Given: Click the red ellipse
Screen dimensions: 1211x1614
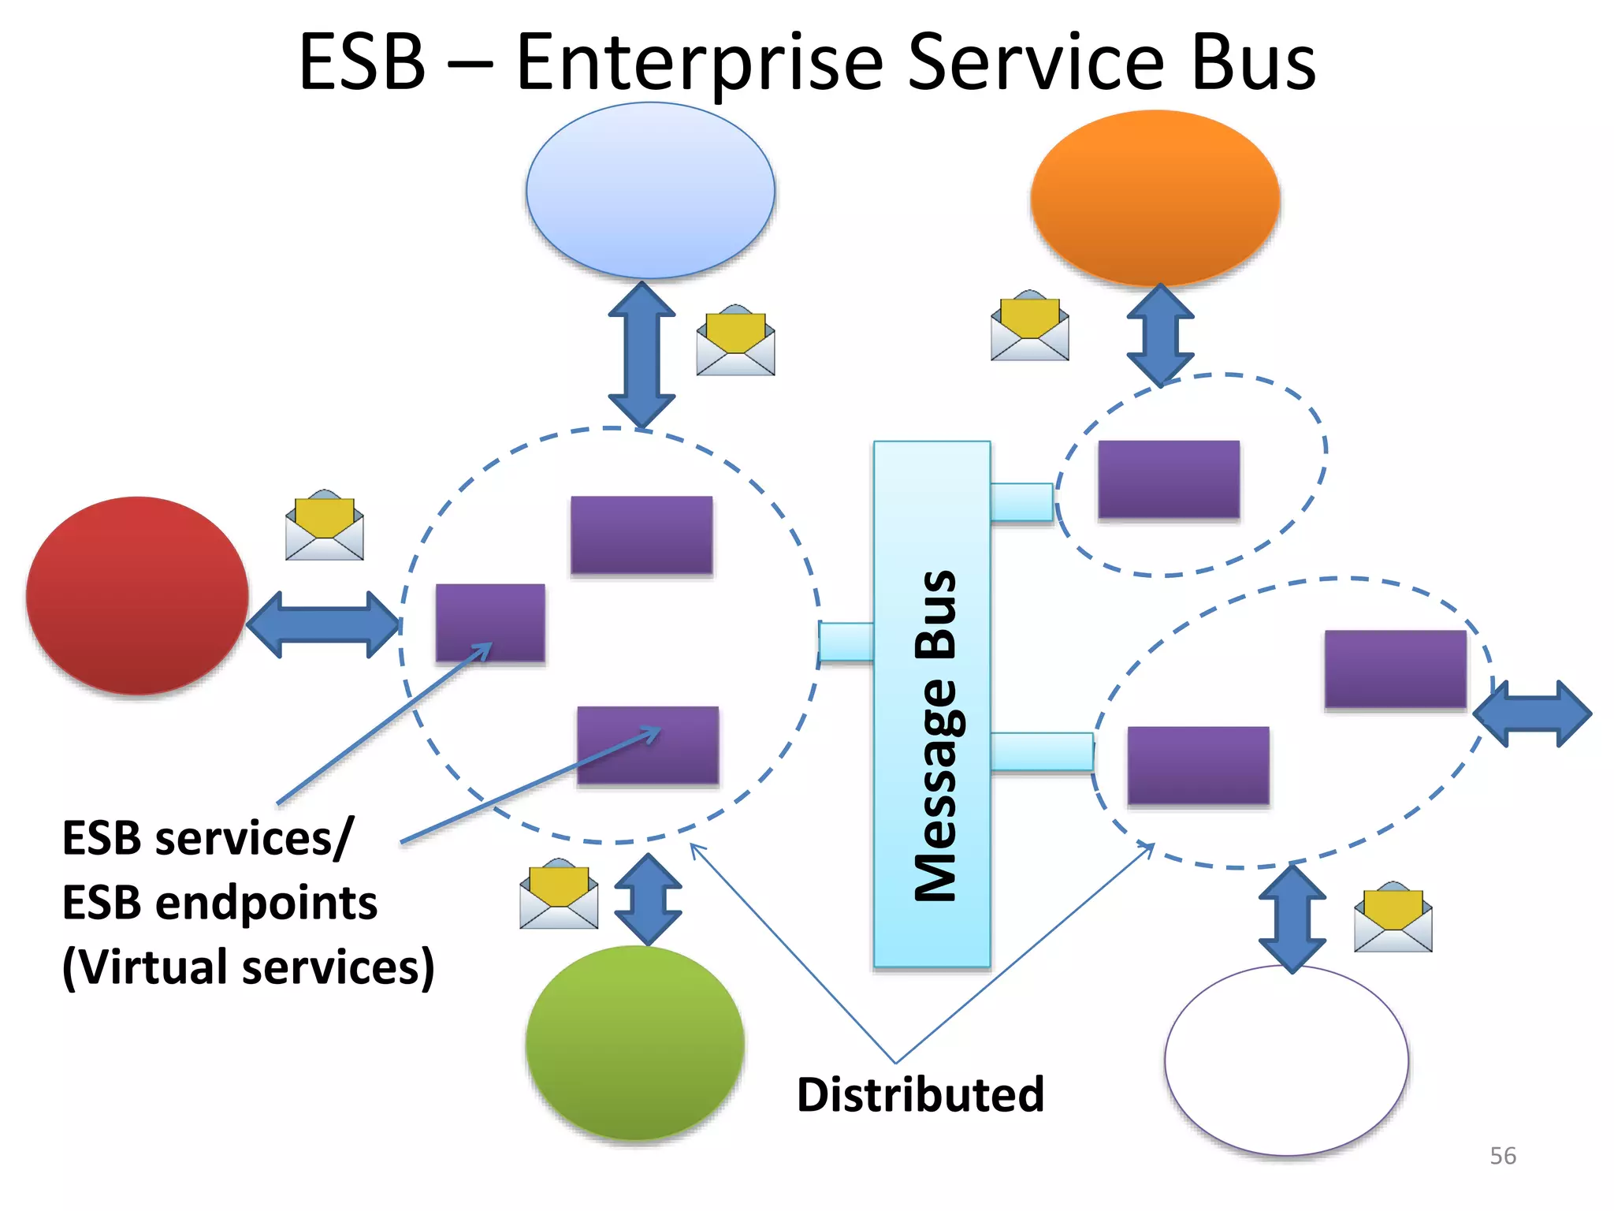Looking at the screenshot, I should (x=137, y=595).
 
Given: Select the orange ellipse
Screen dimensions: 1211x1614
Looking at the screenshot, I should (x=1155, y=197).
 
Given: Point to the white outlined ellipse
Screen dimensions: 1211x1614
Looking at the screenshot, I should (x=1286, y=1060).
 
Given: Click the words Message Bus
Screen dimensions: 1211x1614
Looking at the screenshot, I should (x=935, y=735).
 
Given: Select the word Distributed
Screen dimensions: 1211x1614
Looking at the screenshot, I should (x=920, y=1094).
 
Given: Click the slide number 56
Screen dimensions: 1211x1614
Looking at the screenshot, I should (x=1502, y=1156).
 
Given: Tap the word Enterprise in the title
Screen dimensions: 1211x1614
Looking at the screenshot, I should (x=700, y=63).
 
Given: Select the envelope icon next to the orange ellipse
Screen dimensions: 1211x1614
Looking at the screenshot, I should (x=1029, y=326).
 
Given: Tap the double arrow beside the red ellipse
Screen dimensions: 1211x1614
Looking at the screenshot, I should (x=324, y=624).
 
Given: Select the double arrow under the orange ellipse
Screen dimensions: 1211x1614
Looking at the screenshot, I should (x=1160, y=335).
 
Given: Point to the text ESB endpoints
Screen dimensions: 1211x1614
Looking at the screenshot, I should (x=220, y=903).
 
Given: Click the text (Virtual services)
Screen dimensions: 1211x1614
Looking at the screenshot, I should (x=248, y=967).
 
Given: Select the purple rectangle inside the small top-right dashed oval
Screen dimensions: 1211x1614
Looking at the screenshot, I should (x=1169, y=479).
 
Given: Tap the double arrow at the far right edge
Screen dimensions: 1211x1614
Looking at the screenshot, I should (x=1532, y=714).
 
